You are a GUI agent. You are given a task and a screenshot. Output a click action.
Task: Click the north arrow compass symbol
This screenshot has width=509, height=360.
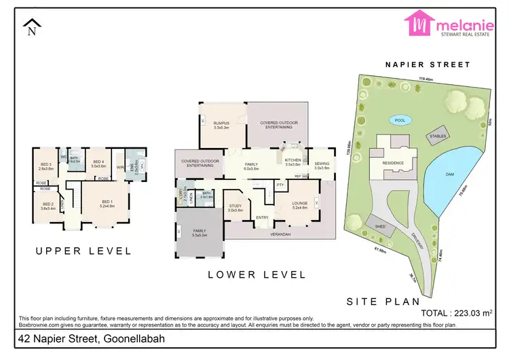pos(31,29)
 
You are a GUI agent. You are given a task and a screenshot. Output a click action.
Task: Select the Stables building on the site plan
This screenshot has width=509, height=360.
pos(438,134)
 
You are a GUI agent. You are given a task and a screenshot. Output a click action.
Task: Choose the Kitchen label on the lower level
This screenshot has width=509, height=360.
pos(292,162)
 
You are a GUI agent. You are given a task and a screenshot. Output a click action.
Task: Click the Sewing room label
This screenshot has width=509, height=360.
pos(321,165)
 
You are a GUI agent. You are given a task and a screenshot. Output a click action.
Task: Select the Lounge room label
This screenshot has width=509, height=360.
pos(299,204)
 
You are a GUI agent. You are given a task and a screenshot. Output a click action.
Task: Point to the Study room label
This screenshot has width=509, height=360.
pos(235,207)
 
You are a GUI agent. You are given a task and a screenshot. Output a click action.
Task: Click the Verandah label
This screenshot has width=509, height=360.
pos(280,234)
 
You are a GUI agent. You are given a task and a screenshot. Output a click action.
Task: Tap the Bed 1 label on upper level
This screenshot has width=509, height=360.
pos(107,203)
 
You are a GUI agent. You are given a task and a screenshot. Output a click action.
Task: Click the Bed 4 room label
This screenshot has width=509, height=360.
pos(98,163)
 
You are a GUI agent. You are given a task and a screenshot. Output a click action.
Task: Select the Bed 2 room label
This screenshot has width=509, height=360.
pos(48,206)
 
